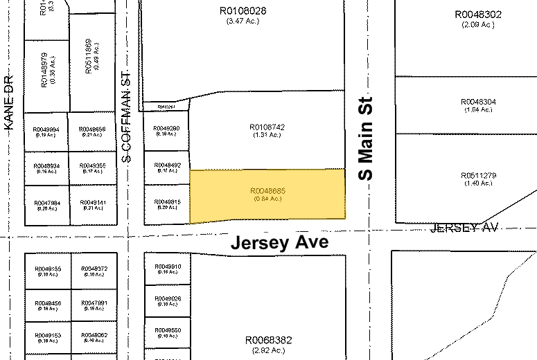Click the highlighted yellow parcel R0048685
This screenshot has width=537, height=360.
[x=267, y=195]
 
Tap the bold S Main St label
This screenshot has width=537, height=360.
[x=366, y=138]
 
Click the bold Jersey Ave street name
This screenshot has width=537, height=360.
[x=279, y=243]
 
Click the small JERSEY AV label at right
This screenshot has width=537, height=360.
[x=464, y=228]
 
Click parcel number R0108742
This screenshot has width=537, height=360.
[x=267, y=127]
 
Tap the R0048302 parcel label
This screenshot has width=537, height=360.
[x=478, y=14]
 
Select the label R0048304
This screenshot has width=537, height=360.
[x=478, y=102]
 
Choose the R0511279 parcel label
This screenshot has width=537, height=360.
[x=478, y=176]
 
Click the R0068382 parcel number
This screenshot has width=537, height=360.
[x=269, y=341]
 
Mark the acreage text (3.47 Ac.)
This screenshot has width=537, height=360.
[x=242, y=21]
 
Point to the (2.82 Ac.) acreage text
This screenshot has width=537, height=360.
[x=269, y=351]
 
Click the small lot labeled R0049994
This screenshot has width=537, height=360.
[x=46, y=129]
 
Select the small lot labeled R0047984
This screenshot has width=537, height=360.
[x=46, y=203]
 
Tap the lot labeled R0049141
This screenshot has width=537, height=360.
[x=93, y=203]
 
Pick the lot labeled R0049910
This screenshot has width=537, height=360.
[x=167, y=267]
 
